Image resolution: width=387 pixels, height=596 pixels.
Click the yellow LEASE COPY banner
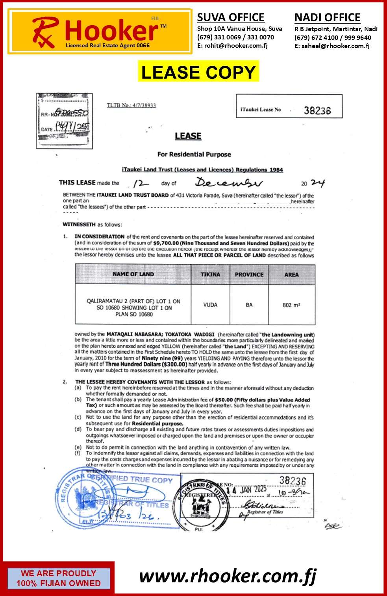point(198,72)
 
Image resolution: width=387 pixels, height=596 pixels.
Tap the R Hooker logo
point(100,32)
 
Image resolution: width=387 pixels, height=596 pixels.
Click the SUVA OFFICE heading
point(231,17)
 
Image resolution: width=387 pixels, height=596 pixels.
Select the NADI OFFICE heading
point(327,18)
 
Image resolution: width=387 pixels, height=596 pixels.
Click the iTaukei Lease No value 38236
point(317,110)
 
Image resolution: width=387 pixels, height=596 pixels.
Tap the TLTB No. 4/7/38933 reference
point(131,105)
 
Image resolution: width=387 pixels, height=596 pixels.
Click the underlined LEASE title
point(188,136)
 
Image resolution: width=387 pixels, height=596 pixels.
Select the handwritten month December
point(228,183)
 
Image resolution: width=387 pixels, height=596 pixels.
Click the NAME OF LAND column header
point(133,274)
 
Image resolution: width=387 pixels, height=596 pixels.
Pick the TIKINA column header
point(210,274)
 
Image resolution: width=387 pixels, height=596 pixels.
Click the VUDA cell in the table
point(210,305)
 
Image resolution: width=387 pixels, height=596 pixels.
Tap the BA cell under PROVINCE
point(249,305)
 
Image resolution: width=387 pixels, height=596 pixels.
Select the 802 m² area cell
point(291,305)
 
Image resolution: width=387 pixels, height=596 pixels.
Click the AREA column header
point(291,274)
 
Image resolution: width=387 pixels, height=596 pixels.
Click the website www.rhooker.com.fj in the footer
point(228,576)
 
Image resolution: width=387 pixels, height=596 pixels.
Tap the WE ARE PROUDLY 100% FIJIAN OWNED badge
point(58,578)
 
